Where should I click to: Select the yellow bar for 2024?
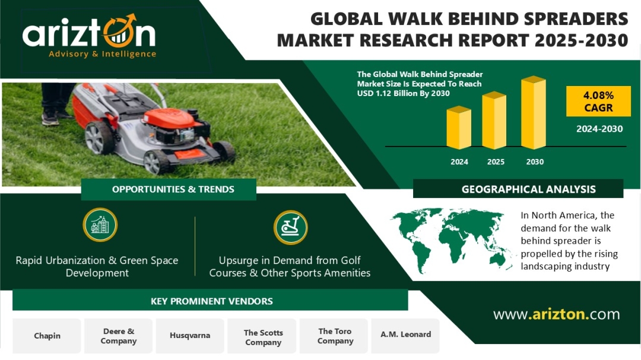coord(459,128)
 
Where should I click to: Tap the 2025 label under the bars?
coord(496,162)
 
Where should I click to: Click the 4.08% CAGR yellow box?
coord(598,101)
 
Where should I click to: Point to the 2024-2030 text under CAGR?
coord(599,129)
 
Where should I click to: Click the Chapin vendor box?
coord(47,336)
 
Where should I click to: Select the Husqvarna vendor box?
coord(190,336)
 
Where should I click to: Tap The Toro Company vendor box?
coord(334,336)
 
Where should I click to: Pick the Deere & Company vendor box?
coord(118,336)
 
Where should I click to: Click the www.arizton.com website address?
coord(556,314)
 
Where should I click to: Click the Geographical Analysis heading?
coord(528,189)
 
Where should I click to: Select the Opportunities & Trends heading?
coord(173,189)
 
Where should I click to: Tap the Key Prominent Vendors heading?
coord(211,301)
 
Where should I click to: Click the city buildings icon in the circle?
coord(100,225)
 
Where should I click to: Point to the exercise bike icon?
coord(290,227)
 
